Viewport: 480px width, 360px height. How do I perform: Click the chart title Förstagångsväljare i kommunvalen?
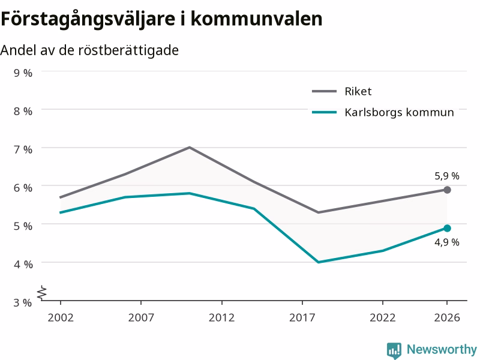161,19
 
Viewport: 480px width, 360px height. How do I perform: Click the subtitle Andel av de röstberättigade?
89,50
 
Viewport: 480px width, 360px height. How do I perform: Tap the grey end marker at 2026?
447,190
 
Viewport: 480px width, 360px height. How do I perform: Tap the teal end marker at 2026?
447,228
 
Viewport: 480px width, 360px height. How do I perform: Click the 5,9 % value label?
447,176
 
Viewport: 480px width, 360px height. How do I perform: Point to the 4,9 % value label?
447,242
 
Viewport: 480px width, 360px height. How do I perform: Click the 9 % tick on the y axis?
23,73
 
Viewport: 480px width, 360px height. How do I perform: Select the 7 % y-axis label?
23,149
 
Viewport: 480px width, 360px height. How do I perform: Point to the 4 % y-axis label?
23,264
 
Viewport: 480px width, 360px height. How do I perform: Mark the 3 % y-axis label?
23,302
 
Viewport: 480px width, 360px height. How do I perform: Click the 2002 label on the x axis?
61,317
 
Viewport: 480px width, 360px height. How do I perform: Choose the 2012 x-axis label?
221,317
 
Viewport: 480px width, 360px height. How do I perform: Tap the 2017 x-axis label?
302,317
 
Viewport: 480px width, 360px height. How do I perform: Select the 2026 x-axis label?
447,317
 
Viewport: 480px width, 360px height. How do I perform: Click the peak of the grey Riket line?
190,147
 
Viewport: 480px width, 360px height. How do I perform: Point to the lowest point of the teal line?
319,262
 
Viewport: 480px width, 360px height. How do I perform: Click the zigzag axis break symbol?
42,293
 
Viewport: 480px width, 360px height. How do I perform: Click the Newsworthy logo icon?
394,350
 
